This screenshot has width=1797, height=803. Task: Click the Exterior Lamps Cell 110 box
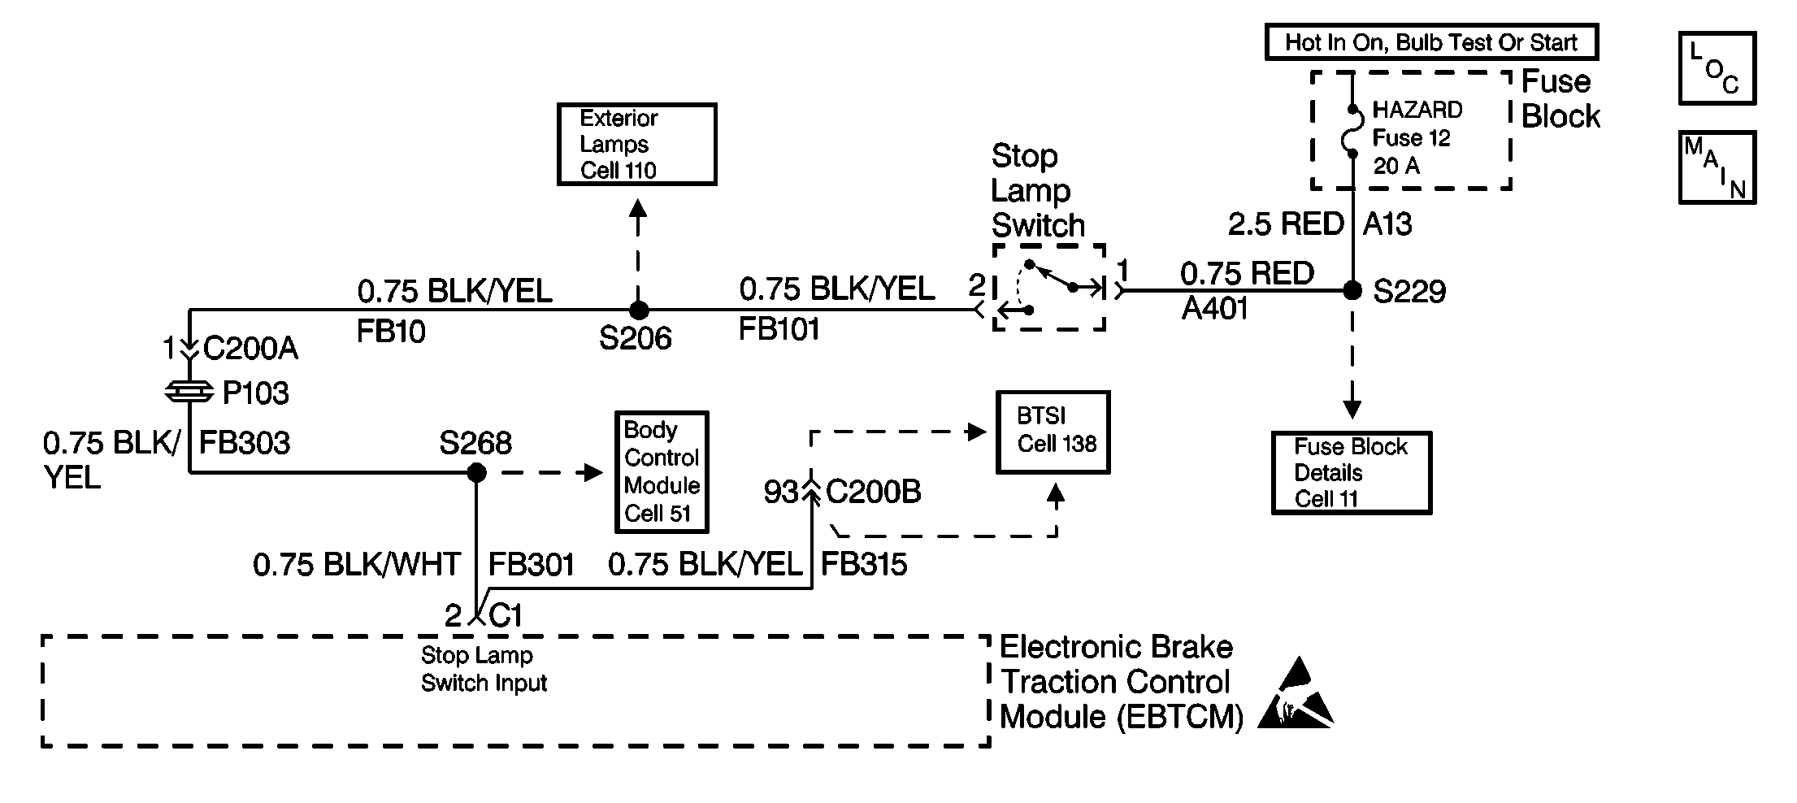point(636,144)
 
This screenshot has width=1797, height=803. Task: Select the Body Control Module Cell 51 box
point(662,472)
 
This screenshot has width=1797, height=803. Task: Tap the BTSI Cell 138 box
point(1053,432)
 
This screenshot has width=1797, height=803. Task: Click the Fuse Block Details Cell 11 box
point(1352,473)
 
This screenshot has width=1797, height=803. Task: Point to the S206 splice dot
point(639,310)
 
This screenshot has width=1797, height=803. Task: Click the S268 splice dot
point(477,471)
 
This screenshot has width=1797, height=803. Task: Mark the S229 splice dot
point(1352,290)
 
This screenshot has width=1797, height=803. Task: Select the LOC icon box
point(1717,68)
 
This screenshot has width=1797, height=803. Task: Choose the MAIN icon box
point(1717,167)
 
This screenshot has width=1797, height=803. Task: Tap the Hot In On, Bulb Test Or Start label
point(1431,42)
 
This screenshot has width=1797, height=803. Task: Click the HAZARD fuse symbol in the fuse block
point(1352,131)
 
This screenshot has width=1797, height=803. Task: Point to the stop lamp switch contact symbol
point(1048,288)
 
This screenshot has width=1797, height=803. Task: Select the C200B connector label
point(874,492)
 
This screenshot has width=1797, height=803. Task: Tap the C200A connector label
point(250,349)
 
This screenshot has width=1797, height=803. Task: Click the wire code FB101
point(779,329)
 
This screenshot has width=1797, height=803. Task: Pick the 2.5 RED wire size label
point(1286,224)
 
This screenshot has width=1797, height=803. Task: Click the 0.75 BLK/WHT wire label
point(357,564)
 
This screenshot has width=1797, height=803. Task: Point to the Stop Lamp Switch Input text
point(484,669)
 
